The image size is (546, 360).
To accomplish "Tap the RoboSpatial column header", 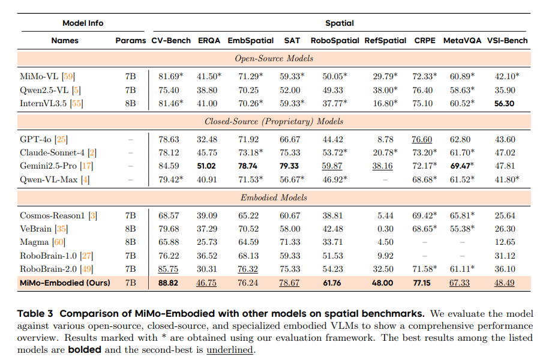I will tap(335, 41).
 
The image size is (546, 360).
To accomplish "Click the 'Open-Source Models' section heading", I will tap(274, 58).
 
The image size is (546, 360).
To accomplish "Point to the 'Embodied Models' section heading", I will tap(274, 197).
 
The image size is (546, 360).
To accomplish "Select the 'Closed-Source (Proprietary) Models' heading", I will tap(274, 121).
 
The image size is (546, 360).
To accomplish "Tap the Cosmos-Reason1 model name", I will tap(50, 215).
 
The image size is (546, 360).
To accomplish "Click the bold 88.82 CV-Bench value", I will tap(169, 283).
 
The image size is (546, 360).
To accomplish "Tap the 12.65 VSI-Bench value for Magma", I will tap(506, 242).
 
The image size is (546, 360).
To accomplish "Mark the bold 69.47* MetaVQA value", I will tap(461, 166).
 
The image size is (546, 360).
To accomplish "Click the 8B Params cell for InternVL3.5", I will tap(130, 103).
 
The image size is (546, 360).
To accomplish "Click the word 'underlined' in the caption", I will tap(230, 350).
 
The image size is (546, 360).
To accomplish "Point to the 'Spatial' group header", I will tap(339, 23).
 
